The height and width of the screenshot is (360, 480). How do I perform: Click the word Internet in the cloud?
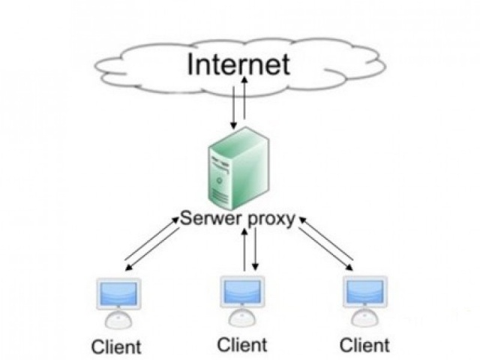238,64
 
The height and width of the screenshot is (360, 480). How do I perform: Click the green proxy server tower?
238,168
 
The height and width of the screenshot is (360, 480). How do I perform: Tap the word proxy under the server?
271,220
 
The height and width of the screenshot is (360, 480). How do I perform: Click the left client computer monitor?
118,294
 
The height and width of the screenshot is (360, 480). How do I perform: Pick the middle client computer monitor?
242,292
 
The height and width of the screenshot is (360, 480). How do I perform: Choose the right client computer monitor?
365,292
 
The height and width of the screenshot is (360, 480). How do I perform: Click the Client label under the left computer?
116,346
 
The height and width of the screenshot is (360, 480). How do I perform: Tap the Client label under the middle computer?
242,345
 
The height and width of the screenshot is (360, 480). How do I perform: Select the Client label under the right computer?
364,345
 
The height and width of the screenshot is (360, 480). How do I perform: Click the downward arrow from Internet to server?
234,108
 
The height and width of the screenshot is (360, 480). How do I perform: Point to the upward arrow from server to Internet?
244,97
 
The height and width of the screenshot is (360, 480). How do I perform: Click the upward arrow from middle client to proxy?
244,250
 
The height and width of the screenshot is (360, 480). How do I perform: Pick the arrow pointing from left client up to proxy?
151,238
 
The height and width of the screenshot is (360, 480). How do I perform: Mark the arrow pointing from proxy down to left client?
152,249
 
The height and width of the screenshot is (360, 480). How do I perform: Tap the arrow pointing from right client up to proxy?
325,238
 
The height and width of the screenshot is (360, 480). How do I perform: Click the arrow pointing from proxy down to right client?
325,249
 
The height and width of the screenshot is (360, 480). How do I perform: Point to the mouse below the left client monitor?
118,320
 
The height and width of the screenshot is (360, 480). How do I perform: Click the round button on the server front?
219,180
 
